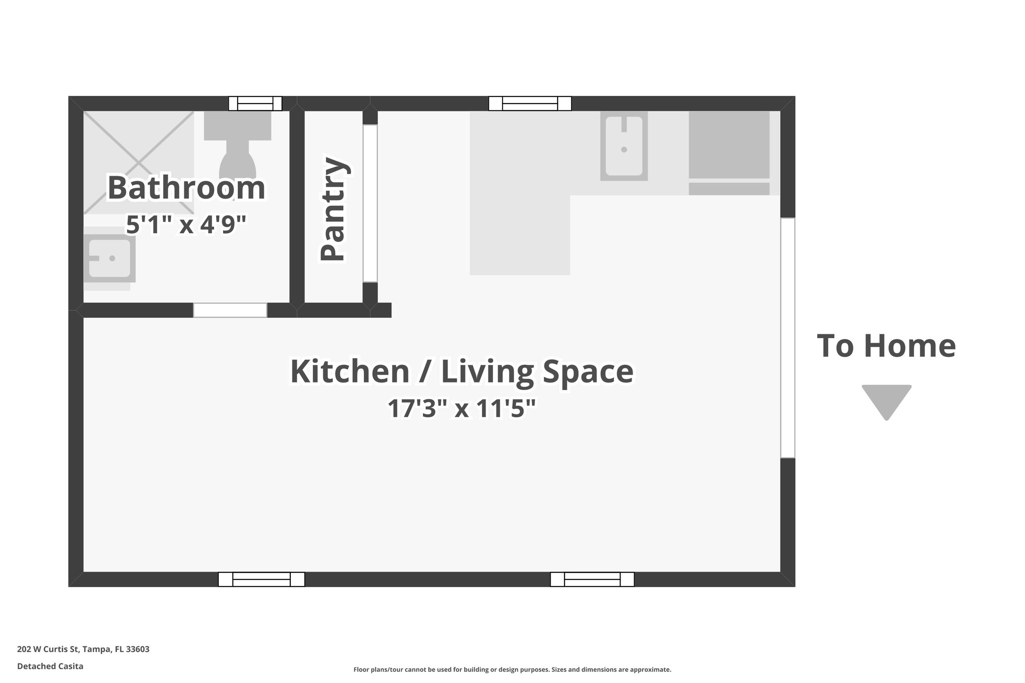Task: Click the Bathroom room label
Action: point(186,188)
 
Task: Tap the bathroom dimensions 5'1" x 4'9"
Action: point(186,225)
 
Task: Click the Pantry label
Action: point(333,209)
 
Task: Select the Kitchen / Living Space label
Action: point(461,371)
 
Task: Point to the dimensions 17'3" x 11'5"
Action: point(461,409)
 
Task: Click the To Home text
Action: point(886,346)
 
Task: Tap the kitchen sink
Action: point(624,146)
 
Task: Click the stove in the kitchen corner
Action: point(729,145)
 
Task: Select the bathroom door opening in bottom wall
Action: point(230,310)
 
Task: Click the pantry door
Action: point(370,203)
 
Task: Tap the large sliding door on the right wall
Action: point(787,338)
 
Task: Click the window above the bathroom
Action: point(255,104)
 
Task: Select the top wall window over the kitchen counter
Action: point(530,104)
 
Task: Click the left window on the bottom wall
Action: point(261,579)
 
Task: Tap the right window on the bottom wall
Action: point(592,579)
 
